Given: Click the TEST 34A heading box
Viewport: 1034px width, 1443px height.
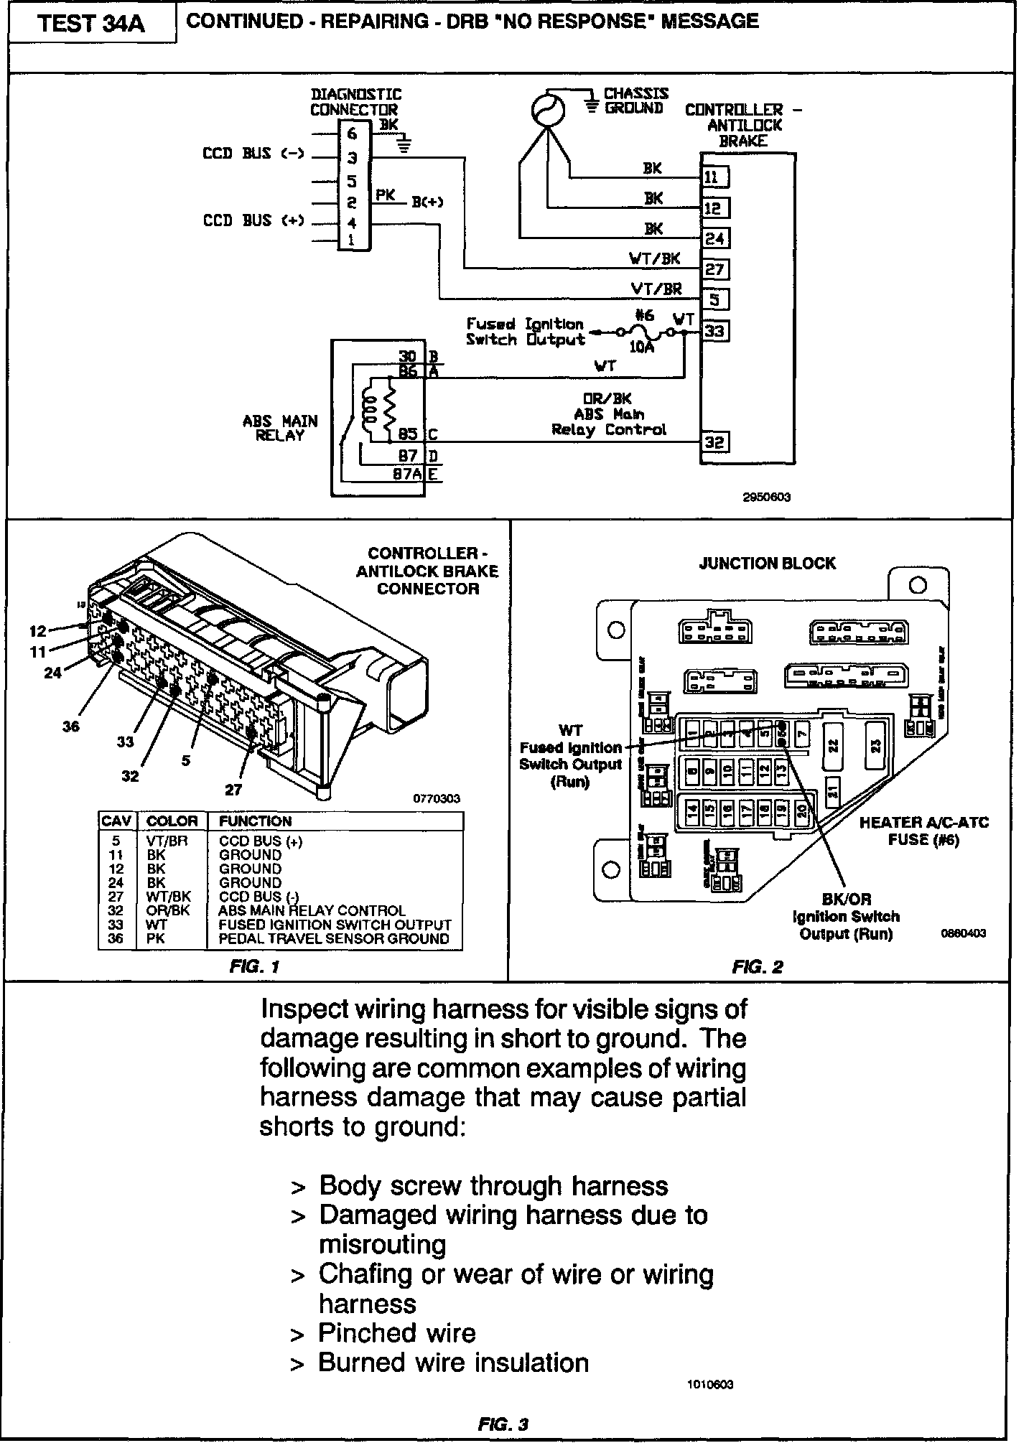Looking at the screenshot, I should (x=91, y=24).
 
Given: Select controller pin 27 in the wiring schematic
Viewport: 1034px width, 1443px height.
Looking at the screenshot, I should (x=714, y=269).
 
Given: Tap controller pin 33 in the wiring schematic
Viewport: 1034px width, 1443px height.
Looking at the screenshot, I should (x=714, y=331).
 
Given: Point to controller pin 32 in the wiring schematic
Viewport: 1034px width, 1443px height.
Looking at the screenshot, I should (x=714, y=442).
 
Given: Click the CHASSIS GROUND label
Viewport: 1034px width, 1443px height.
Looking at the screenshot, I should (x=635, y=101).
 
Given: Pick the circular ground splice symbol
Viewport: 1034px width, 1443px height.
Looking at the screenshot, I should (x=548, y=110).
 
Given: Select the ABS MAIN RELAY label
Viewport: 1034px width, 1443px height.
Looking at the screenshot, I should (x=280, y=428).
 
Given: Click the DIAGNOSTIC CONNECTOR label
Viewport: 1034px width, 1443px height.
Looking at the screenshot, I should (x=355, y=102).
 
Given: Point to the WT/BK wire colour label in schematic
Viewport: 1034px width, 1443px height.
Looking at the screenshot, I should (x=655, y=258).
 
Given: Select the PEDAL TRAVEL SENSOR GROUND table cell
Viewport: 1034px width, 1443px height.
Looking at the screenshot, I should (x=334, y=938).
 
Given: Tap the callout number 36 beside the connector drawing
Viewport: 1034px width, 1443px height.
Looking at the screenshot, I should (x=70, y=727).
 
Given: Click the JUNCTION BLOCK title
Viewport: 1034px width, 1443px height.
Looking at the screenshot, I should (x=767, y=564).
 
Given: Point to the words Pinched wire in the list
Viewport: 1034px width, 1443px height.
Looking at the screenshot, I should (x=397, y=1333).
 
